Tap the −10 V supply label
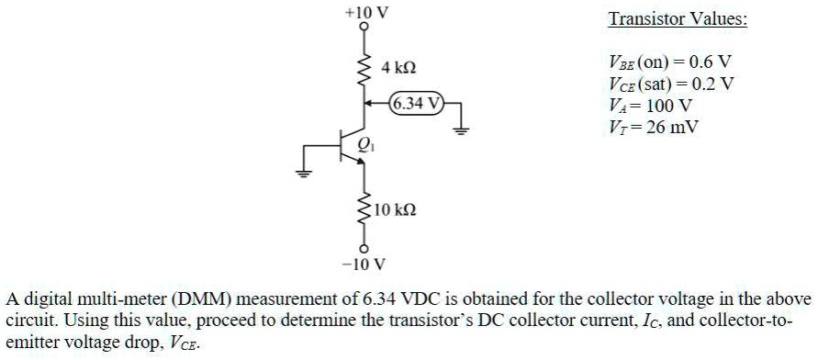(364, 265)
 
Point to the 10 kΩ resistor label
(396, 210)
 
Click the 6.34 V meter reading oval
(417, 103)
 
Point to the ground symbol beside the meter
(462, 129)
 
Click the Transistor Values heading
(678, 19)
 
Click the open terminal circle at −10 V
(364, 250)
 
